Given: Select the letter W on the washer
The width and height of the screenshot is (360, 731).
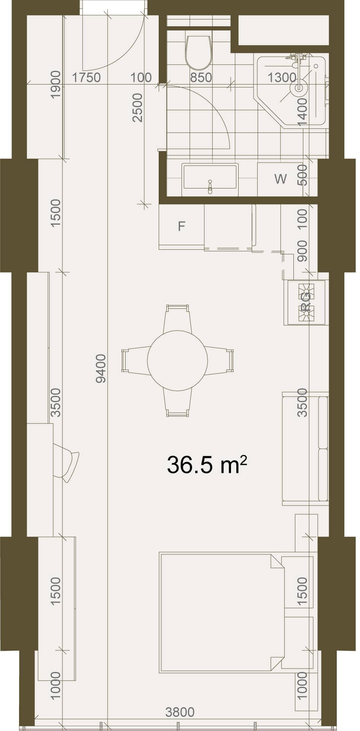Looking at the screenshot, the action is (x=280, y=179).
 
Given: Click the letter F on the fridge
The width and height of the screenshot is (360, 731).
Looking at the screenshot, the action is (x=182, y=227).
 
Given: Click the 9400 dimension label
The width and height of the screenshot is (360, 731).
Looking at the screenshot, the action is (x=101, y=369).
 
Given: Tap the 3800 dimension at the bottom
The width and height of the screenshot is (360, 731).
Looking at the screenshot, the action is (x=180, y=712).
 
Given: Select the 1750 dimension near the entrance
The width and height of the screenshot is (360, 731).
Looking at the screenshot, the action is (x=86, y=78).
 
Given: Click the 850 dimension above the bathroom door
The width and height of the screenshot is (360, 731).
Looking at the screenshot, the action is (x=201, y=78).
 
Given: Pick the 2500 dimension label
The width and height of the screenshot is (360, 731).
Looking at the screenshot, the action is (x=137, y=108).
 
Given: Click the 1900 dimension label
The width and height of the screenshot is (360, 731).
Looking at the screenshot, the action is (x=56, y=85).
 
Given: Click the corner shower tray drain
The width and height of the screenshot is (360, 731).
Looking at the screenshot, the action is (x=299, y=88).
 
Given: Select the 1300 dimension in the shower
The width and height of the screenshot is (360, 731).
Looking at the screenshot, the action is (x=282, y=78).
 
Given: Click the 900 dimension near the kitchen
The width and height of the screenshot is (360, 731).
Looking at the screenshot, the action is (x=302, y=251).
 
